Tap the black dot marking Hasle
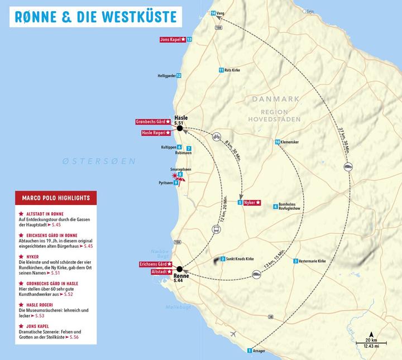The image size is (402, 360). click(180, 128)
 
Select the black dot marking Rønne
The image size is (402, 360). click(180, 268)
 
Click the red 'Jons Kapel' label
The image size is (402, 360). click(173, 40)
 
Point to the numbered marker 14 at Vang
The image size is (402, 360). click(213, 13)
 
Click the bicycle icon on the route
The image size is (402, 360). click(217, 136)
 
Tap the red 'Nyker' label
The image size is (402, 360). click(252, 203)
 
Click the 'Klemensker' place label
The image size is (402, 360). click(289, 142)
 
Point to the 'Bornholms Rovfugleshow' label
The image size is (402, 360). click(291, 207)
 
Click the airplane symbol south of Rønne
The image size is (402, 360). click(233, 334)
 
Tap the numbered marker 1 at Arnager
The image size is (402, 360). click(250, 351)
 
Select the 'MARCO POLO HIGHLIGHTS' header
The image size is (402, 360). click(56, 198)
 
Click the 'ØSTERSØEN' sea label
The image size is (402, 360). click(99, 161)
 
